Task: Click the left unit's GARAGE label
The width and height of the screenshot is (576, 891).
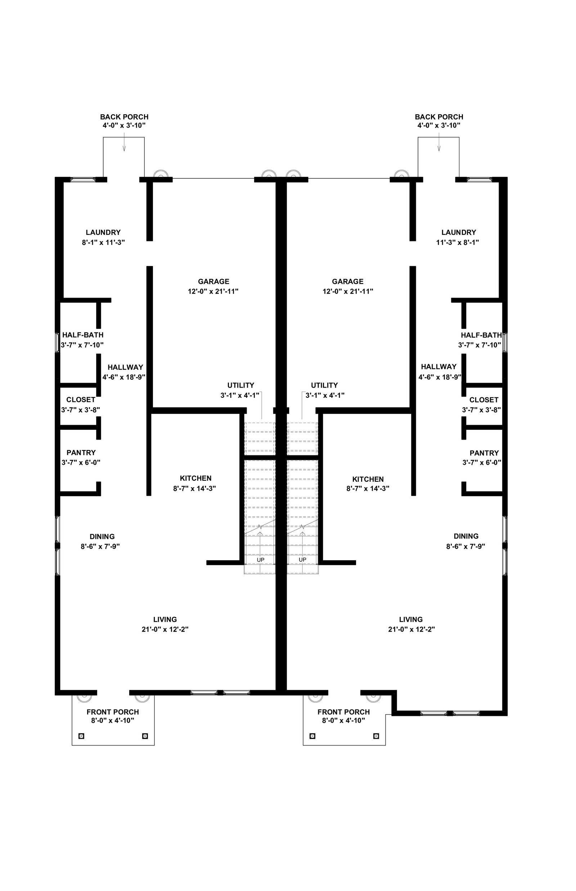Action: tap(213, 281)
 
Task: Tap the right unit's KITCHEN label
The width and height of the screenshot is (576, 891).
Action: tap(368, 479)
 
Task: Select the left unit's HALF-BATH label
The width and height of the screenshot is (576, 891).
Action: tap(83, 335)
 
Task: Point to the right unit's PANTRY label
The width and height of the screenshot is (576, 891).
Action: tap(484, 453)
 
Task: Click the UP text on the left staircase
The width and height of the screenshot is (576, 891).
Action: tap(261, 560)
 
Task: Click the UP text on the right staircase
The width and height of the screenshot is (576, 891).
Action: tap(303, 560)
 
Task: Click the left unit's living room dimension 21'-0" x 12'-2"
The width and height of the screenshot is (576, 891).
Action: tap(165, 629)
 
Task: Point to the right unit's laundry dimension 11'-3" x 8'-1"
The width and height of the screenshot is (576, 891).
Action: tap(458, 242)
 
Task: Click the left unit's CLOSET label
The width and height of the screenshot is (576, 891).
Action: tap(81, 400)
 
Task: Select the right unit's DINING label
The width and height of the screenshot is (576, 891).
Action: tap(466, 536)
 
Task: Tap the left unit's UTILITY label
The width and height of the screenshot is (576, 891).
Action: tap(241, 385)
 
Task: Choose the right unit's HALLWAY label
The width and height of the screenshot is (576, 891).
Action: tap(439, 367)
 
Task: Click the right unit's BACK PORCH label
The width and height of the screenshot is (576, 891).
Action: tap(439, 117)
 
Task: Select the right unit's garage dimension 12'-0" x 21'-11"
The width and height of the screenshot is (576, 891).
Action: tap(348, 291)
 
